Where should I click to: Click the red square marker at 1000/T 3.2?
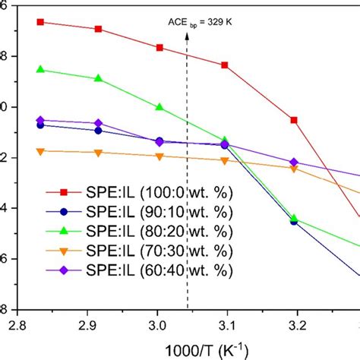pos(294,120)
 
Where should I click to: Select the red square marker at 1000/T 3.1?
pos(225,65)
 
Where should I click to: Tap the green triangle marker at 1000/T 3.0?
pos(159,107)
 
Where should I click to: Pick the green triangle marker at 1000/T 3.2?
pos(294,219)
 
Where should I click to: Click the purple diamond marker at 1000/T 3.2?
pos(294,163)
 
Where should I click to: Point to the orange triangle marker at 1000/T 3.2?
pos(294,169)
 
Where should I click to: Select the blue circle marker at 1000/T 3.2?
pos(294,222)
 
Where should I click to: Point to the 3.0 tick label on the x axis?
pos(159,325)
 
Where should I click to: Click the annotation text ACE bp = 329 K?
pos(200,23)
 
